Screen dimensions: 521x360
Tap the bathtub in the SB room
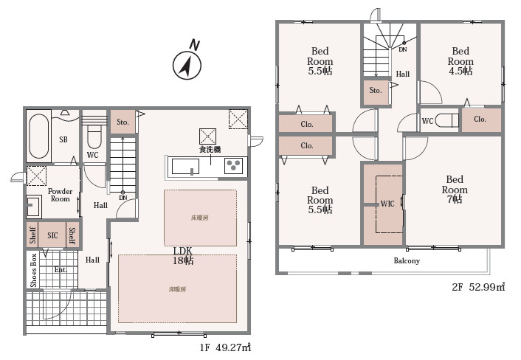[39, 136]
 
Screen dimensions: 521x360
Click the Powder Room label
[60, 195]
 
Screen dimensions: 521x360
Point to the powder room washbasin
[34, 206]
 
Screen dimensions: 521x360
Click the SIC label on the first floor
[52, 235]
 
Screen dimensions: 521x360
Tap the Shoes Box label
[33, 270]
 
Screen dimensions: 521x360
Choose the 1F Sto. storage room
[123, 122]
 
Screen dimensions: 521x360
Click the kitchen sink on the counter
[185, 166]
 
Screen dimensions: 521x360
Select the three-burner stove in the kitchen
[234, 166]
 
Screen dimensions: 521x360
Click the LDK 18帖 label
[183, 256]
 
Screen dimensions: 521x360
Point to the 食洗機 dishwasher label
[210, 150]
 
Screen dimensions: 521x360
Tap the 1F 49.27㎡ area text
[225, 347]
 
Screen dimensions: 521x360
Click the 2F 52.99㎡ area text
[478, 287]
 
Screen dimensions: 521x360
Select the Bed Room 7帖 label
[455, 190]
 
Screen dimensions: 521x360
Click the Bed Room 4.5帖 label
[460, 61]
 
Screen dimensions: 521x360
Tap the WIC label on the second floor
[387, 204]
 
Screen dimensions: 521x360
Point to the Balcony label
[407, 260]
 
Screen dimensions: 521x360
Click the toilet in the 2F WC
[447, 120]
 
